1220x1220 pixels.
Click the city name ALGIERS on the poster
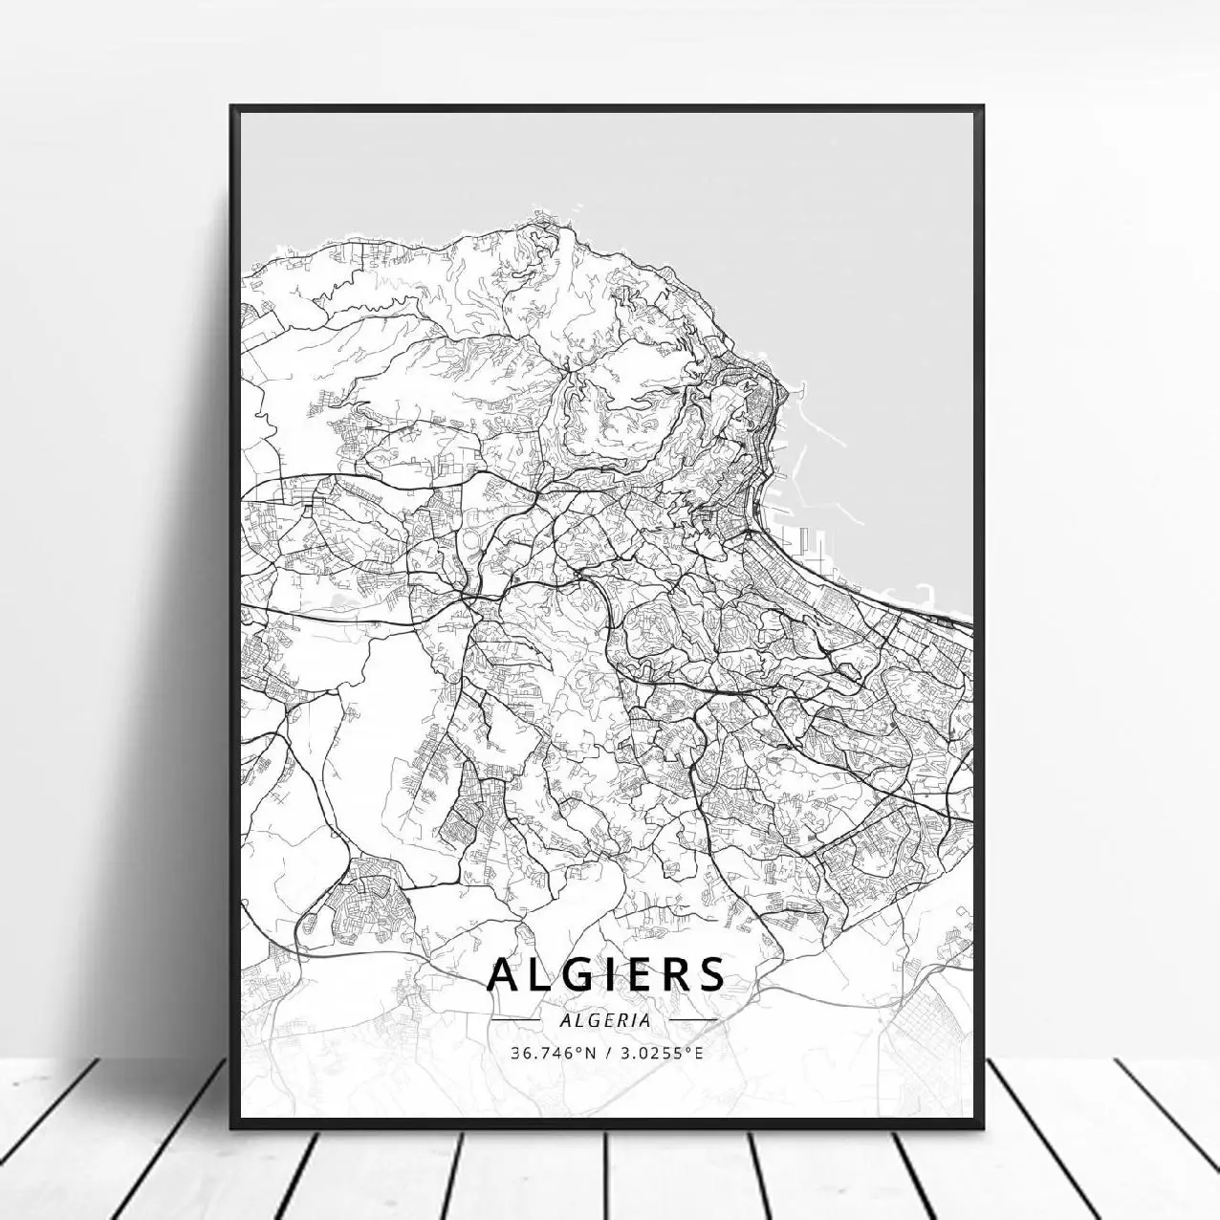coord(606,974)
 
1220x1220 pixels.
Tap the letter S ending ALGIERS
coord(709,974)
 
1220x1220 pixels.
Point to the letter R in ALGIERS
coord(675,974)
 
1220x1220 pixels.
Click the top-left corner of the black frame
coord(231,106)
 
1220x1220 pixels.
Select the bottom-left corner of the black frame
coord(231,1129)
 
